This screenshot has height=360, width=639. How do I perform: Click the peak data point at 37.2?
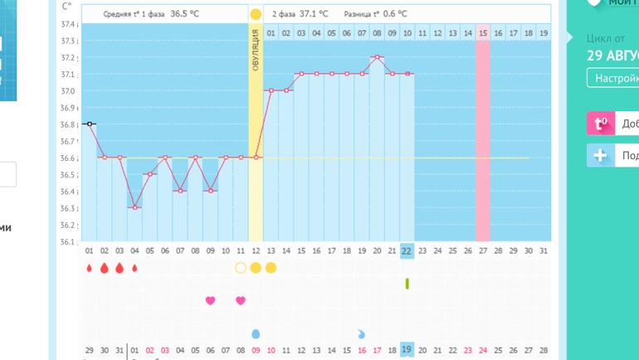377,56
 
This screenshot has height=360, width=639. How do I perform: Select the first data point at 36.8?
89,124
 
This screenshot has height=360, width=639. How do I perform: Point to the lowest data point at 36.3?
134,207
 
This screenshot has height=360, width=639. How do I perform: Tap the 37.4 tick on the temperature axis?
69,24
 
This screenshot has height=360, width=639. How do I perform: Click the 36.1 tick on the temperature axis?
69,242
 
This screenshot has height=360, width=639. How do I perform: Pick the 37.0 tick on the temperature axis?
69,91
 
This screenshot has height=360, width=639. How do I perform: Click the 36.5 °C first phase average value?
185,14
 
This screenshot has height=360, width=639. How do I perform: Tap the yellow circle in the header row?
256,14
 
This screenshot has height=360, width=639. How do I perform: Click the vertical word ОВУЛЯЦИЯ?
256,50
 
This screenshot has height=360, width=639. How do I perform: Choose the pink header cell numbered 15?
483,33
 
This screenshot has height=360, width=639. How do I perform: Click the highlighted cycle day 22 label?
407,251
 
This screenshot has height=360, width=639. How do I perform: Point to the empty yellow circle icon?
241,268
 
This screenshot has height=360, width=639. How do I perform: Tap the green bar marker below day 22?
407,284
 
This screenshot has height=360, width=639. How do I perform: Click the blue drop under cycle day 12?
256,333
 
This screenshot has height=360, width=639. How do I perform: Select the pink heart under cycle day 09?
210,300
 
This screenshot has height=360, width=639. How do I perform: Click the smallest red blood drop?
134,268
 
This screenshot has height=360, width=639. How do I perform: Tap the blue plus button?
600,156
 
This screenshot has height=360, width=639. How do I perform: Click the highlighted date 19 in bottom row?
407,350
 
